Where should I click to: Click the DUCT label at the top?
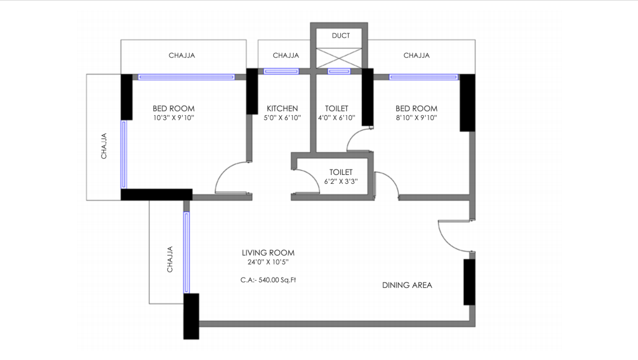(341, 36)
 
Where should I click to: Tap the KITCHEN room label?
(282, 109)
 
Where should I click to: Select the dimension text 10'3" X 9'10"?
(174, 118)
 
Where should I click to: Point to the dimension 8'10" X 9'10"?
(416, 118)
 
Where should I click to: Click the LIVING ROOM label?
(268, 253)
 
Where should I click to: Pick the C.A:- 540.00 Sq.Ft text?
(268, 279)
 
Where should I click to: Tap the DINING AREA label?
(407, 285)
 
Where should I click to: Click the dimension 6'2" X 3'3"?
(341, 181)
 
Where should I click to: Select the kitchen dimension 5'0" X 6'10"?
(282, 118)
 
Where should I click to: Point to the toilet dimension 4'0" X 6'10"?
(337, 118)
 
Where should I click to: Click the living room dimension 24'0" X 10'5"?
(268, 262)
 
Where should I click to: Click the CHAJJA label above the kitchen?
(286, 56)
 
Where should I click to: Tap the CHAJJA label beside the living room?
(170, 259)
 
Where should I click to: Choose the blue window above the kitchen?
(282, 72)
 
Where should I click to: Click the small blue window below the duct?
(339, 72)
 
